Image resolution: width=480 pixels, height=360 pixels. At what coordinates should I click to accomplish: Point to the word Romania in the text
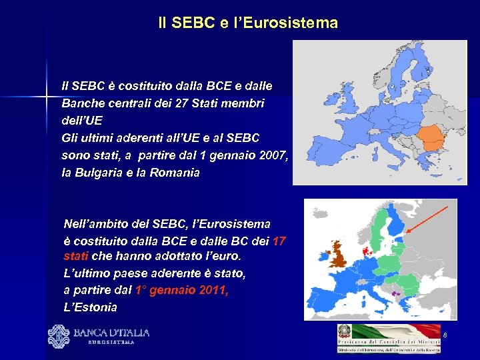175,173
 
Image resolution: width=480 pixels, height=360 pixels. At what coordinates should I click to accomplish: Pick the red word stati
75,256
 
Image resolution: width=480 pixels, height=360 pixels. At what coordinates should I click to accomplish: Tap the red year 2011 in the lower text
211,291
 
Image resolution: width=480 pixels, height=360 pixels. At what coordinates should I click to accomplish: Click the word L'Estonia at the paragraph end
90,307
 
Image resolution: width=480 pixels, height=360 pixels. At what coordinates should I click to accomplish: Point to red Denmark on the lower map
365,251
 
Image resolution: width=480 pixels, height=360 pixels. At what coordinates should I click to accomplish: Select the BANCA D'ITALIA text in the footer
111,333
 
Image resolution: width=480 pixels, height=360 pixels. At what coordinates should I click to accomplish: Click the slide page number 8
444,333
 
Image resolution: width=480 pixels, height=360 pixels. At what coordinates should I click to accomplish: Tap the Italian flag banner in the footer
396,331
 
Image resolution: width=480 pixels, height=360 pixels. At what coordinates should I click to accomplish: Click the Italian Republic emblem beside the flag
345,332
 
